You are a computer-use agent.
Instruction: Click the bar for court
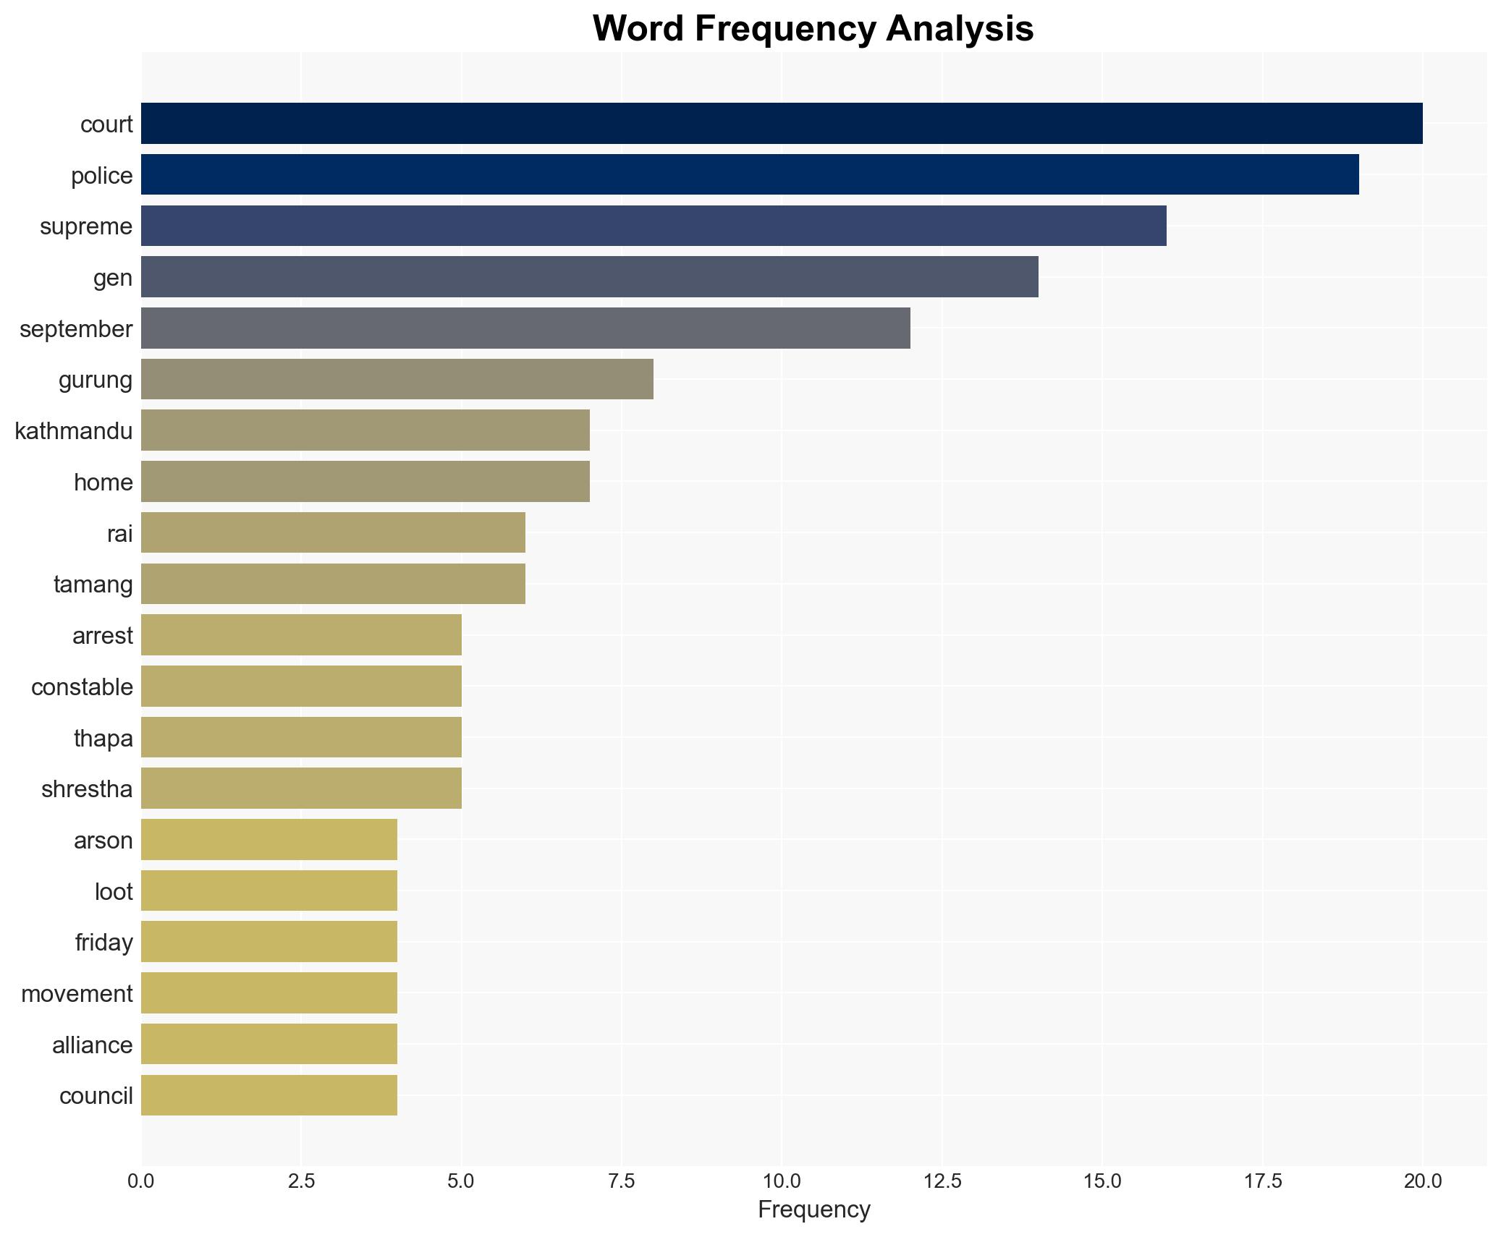click(782, 124)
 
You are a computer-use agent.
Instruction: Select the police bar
click(750, 175)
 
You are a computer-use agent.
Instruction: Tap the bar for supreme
click(654, 226)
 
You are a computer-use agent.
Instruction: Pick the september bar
click(525, 328)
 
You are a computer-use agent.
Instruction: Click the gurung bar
click(397, 379)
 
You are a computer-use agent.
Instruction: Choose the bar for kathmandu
click(365, 430)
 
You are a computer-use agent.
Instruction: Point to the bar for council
click(269, 1095)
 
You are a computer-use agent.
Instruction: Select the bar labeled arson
click(269, 840)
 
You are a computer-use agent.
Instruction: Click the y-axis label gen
click(113, 278)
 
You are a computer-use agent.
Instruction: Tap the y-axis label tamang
click(93, 585)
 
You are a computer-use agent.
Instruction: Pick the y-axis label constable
click(82, 687)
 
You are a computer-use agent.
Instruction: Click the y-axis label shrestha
click(87, 789)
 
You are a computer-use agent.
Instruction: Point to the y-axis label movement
click(77, 994)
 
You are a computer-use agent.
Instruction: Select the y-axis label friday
click(103, 943)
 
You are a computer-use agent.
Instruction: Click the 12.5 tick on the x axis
click(942, 1181)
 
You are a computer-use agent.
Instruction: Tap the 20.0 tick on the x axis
click(1422, 1181)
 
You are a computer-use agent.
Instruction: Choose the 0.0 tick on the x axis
click(141, 1181)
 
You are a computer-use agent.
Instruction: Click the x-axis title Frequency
click(813, 1210)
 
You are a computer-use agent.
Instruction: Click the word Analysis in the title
click(960, 29)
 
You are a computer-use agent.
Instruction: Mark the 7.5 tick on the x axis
click(621, 1181)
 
